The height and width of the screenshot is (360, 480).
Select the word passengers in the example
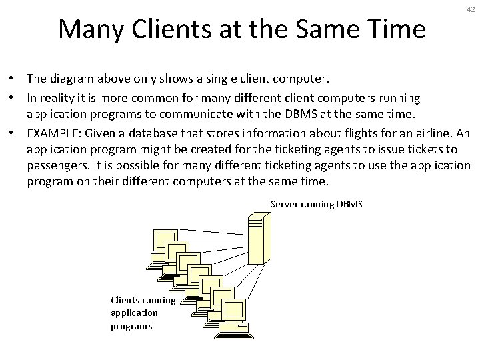56,165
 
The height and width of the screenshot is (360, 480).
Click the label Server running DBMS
317,204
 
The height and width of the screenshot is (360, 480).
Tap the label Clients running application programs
143,313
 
